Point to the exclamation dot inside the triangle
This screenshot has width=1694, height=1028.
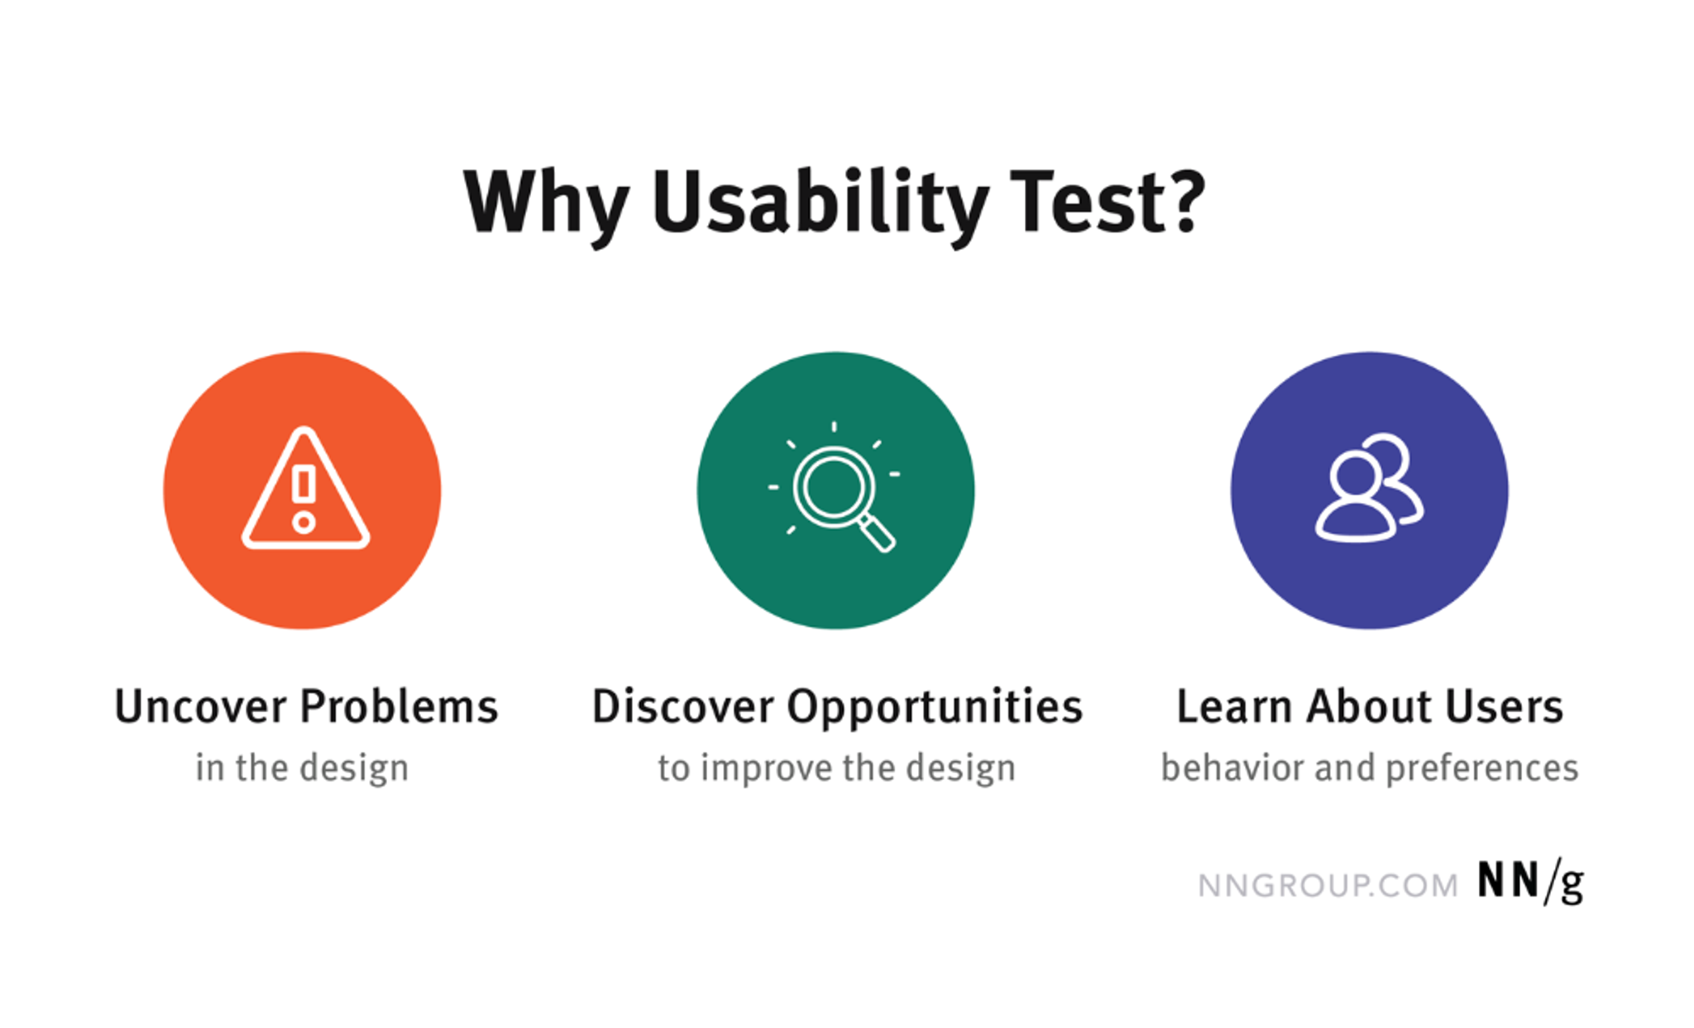(x=304, y=523)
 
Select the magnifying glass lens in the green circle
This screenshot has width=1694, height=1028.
(x=833, y=487)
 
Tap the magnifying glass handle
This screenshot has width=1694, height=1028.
(x=877, y=533)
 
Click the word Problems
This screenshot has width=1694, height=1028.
(x=399, y=707)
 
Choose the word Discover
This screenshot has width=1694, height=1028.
(x=682, y=707)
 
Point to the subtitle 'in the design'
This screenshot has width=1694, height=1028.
(x=302, y=768)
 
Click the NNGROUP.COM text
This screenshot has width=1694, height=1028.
(x=1328, y=886)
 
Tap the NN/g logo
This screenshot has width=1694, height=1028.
(x=1530, y=882)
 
